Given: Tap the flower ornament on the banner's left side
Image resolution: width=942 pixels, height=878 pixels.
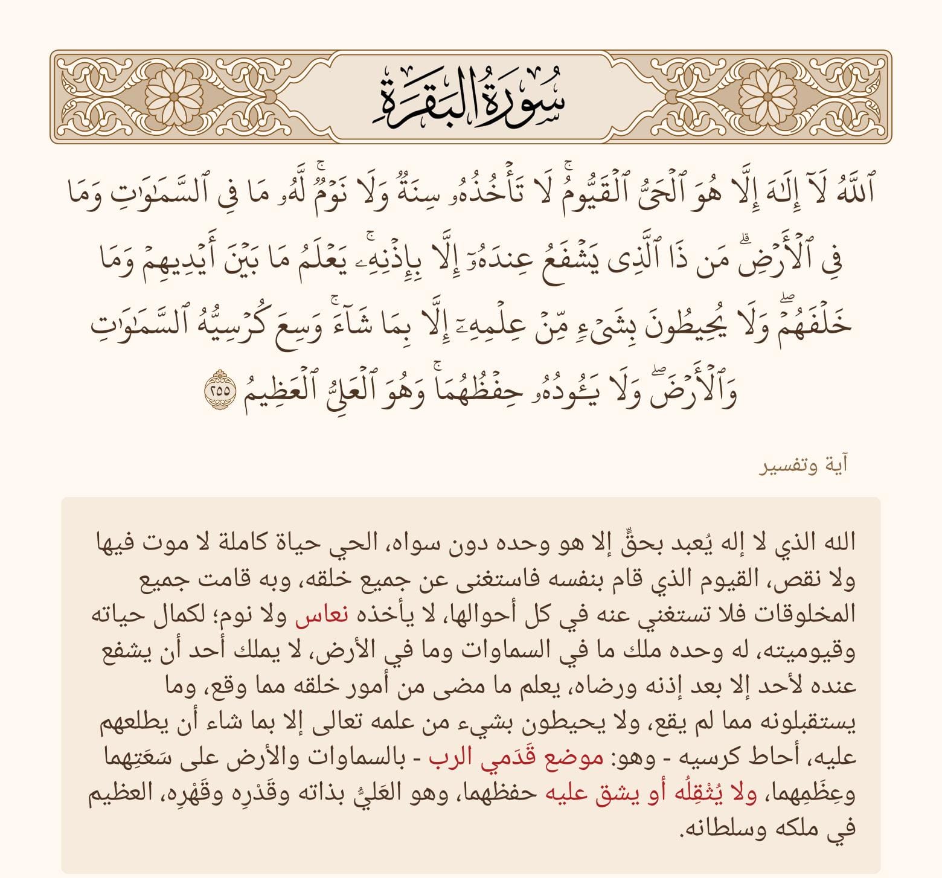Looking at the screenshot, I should [174, 97].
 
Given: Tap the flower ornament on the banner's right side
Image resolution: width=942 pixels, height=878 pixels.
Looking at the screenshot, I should [767, 97].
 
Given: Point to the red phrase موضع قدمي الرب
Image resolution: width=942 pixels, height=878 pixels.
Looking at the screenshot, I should [516, 758].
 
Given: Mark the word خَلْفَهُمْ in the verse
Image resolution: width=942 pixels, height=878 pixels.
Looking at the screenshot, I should [803, 325].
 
